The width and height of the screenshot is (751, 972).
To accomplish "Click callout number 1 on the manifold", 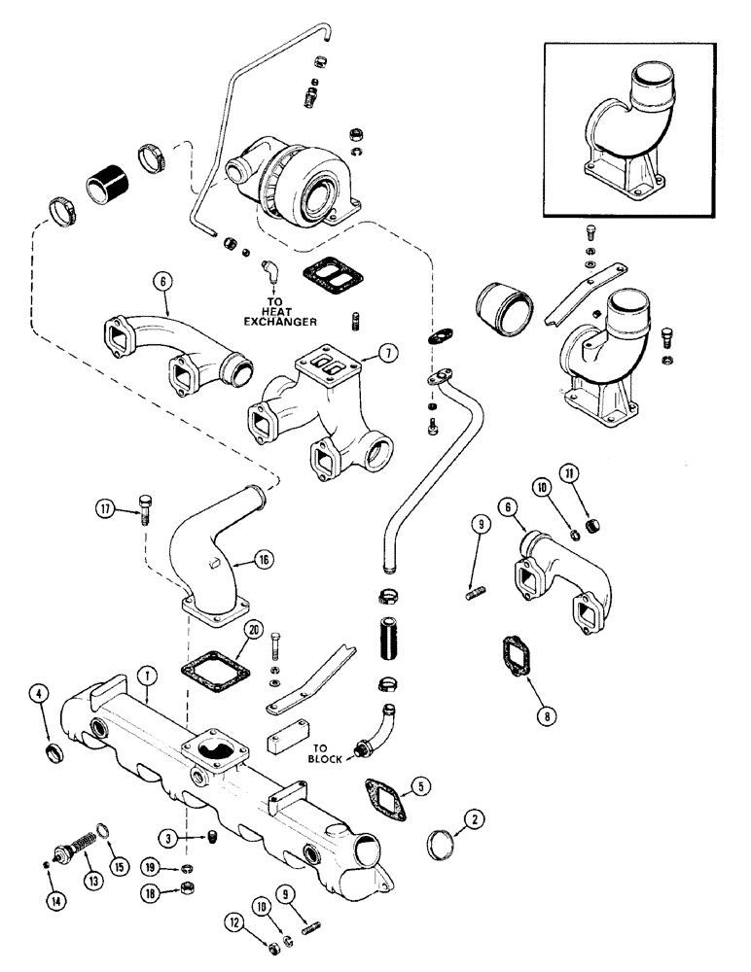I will coord(143,673).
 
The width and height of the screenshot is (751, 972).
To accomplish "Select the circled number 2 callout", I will coord(475,820).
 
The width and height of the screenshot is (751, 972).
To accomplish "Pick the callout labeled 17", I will coord(104,508).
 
